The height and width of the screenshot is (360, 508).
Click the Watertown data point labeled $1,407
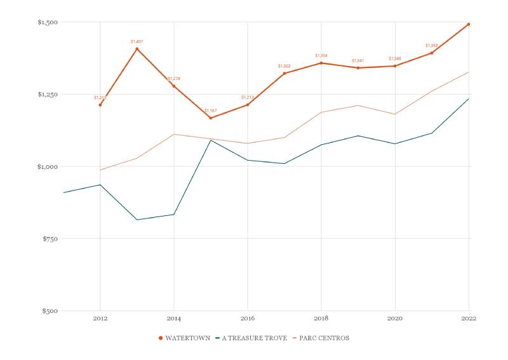pyautogui.click(x=137, y=49)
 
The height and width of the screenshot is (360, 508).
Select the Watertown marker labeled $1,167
pyautogui.click(x=211, y=118)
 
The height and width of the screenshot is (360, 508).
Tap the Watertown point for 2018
pyautogui.click(x=321, y=63)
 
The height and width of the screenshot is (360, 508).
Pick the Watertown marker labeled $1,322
pyautogui.click(x=284, y=73)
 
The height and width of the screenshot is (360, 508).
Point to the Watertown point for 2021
pyautogui.click(x=432, y=53)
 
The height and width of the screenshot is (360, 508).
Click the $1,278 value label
pyautogui.click(x=174, y=79)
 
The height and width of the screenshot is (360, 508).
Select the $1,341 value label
pyautogui.click(x=358, y=61)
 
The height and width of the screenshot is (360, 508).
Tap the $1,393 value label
pyautogui.click(x=432, y=46)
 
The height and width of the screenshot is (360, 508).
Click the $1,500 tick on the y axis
pyautogui.click(x=48, y=22)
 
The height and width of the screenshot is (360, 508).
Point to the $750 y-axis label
pyautogui.click(x=50, y=239)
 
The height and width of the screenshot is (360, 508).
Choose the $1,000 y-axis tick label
pyautogui.click(x=48, y=166)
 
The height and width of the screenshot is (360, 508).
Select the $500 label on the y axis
pyautogui.click(x=50, y=311)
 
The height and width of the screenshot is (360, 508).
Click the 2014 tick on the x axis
pyautogui.click(x=174, y=318)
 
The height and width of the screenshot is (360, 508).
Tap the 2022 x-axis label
pyautogui.click(x=469, y=318)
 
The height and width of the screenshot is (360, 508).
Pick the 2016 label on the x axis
pyautogui.click(x=248, y=318)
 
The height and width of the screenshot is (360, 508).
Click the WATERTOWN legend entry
pyautogui.click(x=185, y=338)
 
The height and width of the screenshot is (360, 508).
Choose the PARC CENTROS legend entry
pyautogui.click(x=321, y=338)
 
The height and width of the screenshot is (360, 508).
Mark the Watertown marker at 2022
pyautogui.click(x=469, y=24)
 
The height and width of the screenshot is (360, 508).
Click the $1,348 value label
pyautogui.click(x=395, y=59)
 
